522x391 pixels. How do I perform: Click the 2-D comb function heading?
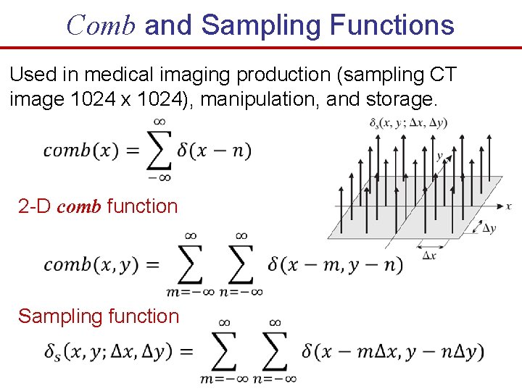click(x=98, y=206)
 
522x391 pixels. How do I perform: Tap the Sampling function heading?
click(x=99, y=316)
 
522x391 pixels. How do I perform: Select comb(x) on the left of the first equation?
click(x=78, y=151)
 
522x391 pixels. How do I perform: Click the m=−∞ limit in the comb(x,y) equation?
click(x=190, y=292)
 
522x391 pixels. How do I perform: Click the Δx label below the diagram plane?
click(x=430, y=255)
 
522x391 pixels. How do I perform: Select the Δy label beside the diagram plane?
click(x=489, y=228)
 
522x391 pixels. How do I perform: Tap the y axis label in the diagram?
click(x=439, y=156)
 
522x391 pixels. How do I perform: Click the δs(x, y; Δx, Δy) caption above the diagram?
click(x=408, y=122)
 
